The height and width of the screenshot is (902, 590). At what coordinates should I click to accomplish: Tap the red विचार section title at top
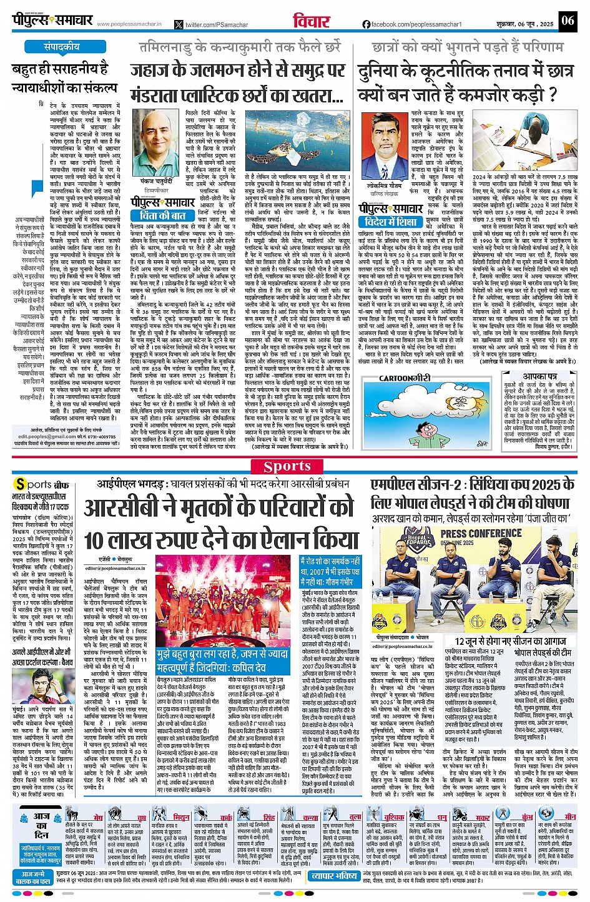click(x=312, y=21)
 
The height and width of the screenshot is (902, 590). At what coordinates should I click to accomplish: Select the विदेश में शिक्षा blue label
click(x=390, y=222)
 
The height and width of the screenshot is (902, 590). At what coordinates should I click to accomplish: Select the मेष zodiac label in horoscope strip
click(x=98, y=817)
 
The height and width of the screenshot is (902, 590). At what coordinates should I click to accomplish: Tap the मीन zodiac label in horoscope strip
click(x=570, y=816)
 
